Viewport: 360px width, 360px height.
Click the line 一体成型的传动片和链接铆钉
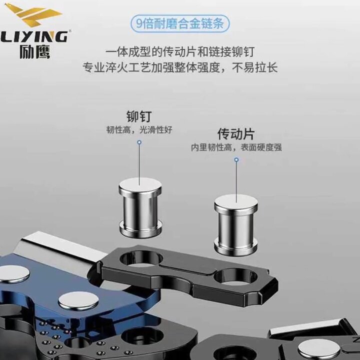tap(183, 51)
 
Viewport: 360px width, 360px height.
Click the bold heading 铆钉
tap(139, 117)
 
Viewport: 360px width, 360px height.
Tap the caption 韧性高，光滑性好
tap(139, 130)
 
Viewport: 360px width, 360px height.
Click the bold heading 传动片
tap(236, 134)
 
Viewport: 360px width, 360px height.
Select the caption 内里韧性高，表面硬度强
tap(236, 147)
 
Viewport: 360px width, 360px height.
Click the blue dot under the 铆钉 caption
tap(139, 142)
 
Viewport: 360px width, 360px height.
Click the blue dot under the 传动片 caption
tap(236, 160)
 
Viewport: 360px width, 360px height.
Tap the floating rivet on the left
tap(140, 206)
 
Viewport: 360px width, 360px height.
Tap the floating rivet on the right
tap(236, 224)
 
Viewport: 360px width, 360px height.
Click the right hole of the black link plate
tap(235, 276)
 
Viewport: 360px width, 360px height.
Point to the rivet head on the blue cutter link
tap(78, 300)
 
